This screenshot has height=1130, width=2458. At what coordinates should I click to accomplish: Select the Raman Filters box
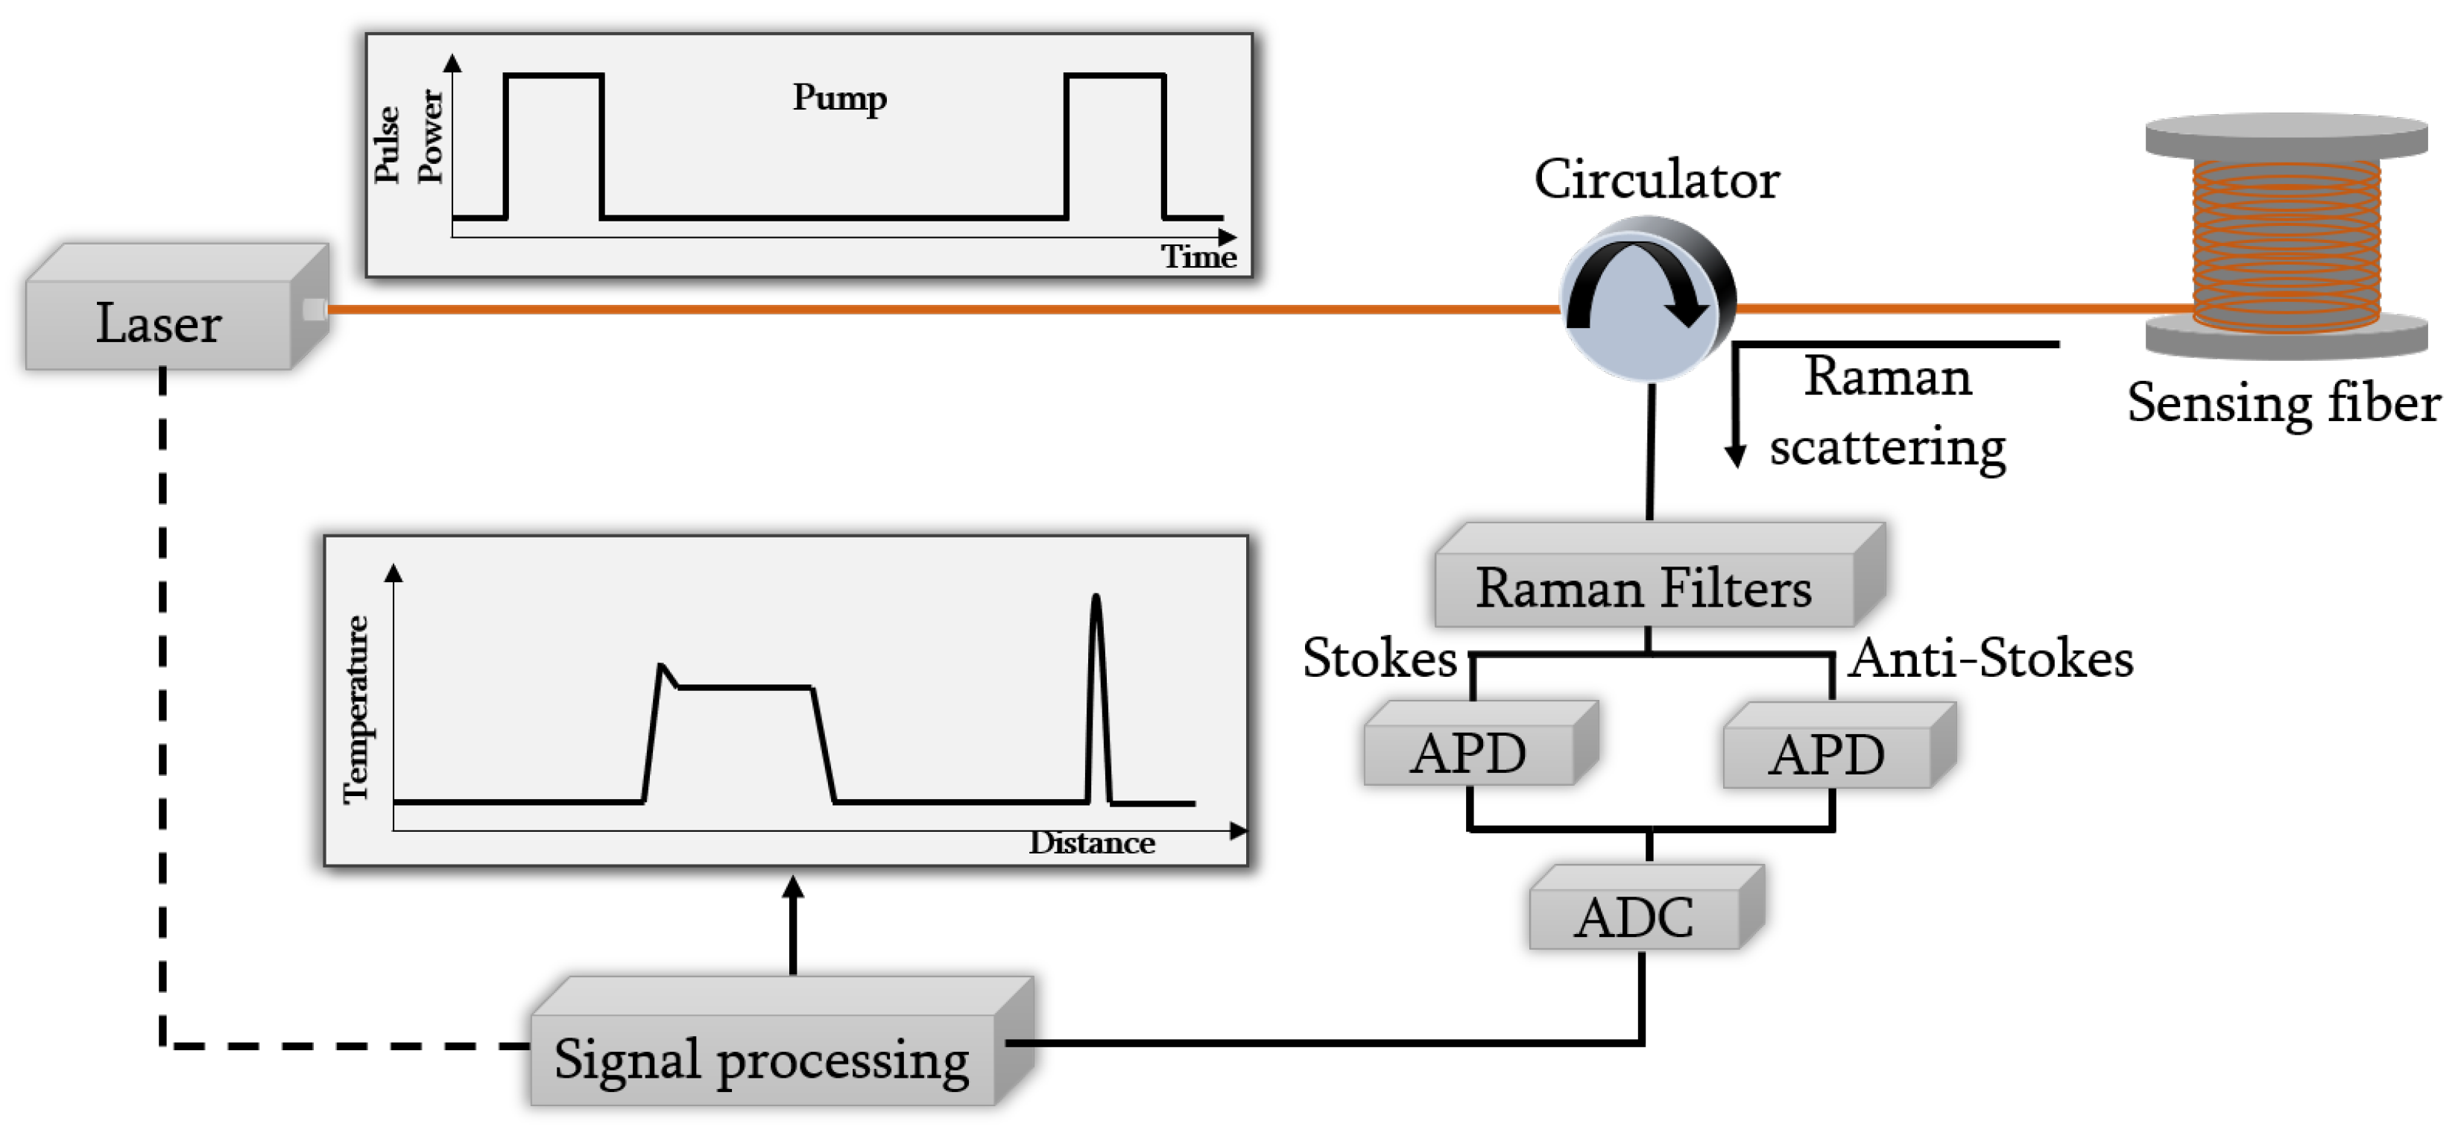pos(1643,586)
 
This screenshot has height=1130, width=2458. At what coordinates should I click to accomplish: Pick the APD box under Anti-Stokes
pos(1826,754)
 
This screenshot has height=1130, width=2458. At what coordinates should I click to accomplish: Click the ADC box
pos(1634,917)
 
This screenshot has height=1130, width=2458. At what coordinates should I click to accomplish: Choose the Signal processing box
pos(762,1058)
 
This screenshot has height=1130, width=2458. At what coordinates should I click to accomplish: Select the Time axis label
pos(1198,256)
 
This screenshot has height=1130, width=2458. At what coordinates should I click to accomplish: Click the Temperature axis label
pos(356,708)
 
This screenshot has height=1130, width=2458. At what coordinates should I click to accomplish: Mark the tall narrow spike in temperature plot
pos(1096,697)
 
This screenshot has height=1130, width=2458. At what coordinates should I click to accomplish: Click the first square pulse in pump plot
pos(554,143)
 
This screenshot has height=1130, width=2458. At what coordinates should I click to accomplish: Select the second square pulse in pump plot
pos(1114,143)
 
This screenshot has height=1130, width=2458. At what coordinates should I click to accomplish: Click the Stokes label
pos(1379,657)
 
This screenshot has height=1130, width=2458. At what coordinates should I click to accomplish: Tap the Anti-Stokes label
pos(1991,657)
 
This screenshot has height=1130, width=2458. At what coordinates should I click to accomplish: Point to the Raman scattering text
pos(1886,411)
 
